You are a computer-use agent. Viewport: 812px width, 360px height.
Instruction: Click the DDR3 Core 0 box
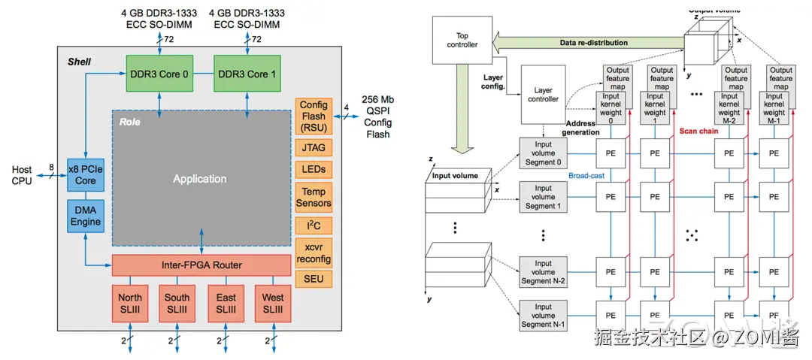160,74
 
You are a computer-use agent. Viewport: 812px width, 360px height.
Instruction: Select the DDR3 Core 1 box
247,74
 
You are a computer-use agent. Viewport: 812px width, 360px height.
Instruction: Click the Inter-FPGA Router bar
201,265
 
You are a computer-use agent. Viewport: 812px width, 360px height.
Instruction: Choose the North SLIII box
130,303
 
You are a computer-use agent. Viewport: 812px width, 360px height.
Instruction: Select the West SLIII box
273,303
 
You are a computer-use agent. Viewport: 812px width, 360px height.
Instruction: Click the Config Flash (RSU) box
314,116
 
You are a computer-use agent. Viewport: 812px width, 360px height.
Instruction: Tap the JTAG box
314,149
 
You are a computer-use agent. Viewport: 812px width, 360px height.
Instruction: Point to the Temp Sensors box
314,197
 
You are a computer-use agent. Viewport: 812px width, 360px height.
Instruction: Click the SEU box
314,279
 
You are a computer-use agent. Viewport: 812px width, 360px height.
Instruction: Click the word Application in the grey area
199,179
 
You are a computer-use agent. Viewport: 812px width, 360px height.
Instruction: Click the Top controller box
462,41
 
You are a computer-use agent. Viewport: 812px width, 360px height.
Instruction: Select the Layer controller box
543,95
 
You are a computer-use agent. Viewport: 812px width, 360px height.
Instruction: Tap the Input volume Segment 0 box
543,153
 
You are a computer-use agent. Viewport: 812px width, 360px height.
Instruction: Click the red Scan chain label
699,130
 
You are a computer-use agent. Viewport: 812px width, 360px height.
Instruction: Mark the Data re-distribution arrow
594,43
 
